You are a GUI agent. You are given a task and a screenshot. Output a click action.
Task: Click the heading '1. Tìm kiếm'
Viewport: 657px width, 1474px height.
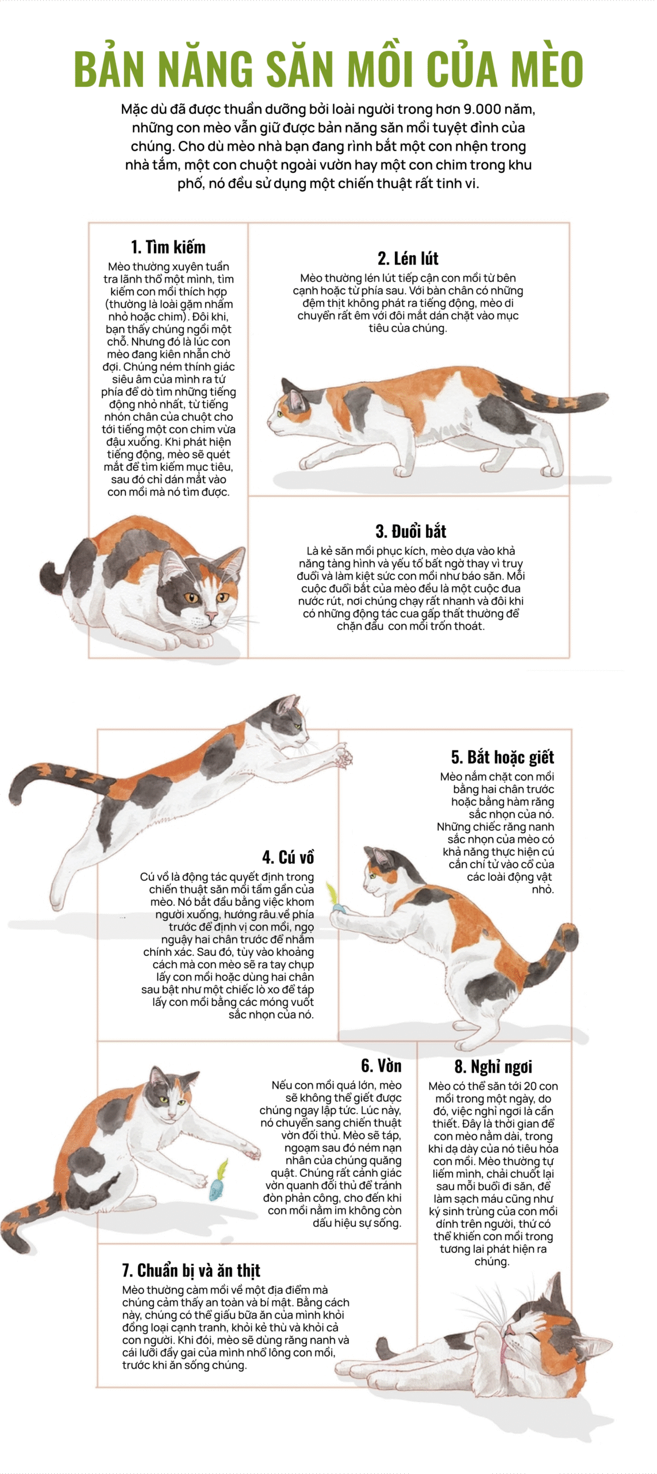(x=168, y=247)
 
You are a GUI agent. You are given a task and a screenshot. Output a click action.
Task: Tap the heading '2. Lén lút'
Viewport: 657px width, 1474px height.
(x=408, y=258)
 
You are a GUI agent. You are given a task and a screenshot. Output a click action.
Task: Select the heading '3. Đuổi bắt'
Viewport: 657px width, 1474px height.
(x=411, y=531)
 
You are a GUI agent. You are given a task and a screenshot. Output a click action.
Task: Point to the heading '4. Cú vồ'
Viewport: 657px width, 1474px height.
(x=288, y=857)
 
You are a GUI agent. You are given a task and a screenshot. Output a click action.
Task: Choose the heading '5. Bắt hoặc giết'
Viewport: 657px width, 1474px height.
(x=502, y=757)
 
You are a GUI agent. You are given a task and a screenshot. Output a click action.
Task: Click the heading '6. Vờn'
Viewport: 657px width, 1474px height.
(x=381, y=1065)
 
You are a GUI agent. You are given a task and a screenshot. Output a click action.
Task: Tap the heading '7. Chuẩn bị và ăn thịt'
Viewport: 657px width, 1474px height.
(x=191, y=1270)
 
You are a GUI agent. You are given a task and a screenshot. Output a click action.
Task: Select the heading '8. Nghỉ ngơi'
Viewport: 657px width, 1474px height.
(x=493, y=1066)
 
